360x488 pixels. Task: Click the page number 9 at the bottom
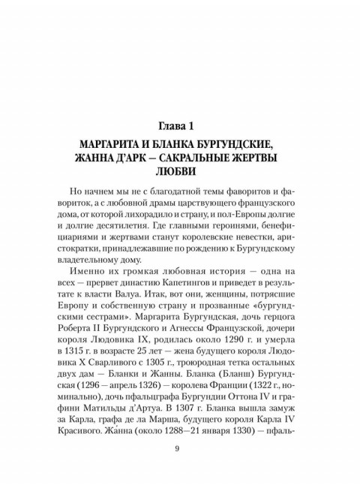[x=176, y=449]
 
